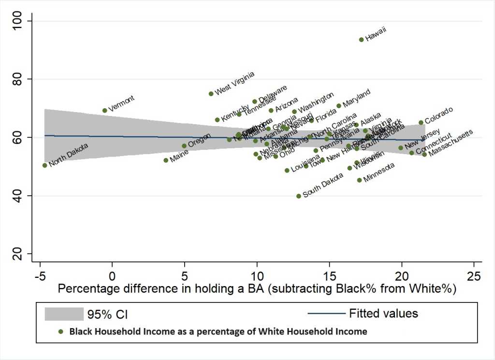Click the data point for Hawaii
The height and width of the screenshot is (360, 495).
(x=361, y=40)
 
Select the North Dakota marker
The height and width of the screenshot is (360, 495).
(x=45, y=165)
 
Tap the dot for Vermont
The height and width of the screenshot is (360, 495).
(x=104, y=111)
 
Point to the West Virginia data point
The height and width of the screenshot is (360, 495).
(x=211, y=94)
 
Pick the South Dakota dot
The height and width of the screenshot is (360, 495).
(x=299, y=196)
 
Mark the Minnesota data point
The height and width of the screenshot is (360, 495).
(x=359, y=180)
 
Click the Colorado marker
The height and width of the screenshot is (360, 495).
(x=421, y=123)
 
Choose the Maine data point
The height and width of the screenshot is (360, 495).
(x=166, y=160)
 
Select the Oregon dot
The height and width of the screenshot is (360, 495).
(x=184, y=146)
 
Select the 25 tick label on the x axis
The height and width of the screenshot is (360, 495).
(x=474, y=275)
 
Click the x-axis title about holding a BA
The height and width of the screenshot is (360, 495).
(x=257, y=289)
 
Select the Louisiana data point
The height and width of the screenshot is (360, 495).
(x=287, y=170)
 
